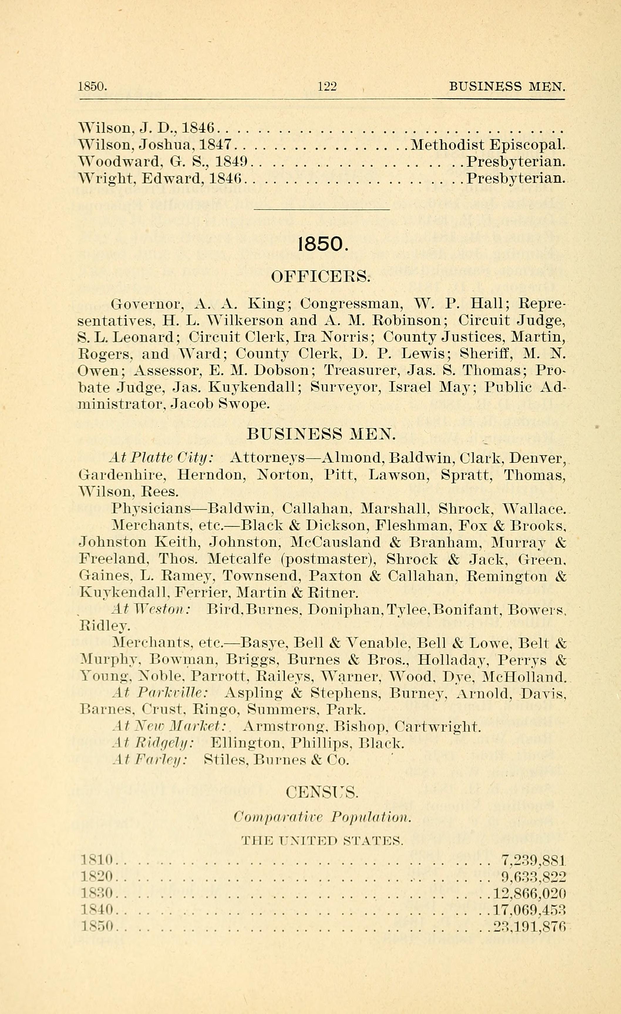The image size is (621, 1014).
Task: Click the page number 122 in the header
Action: coord(327,86)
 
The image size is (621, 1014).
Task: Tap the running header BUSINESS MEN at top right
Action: coord(507,86)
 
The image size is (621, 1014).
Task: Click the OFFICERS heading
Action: coord(321,276)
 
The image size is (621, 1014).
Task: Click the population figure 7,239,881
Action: coord(534,859)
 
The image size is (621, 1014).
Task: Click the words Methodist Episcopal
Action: coord(487,145)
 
